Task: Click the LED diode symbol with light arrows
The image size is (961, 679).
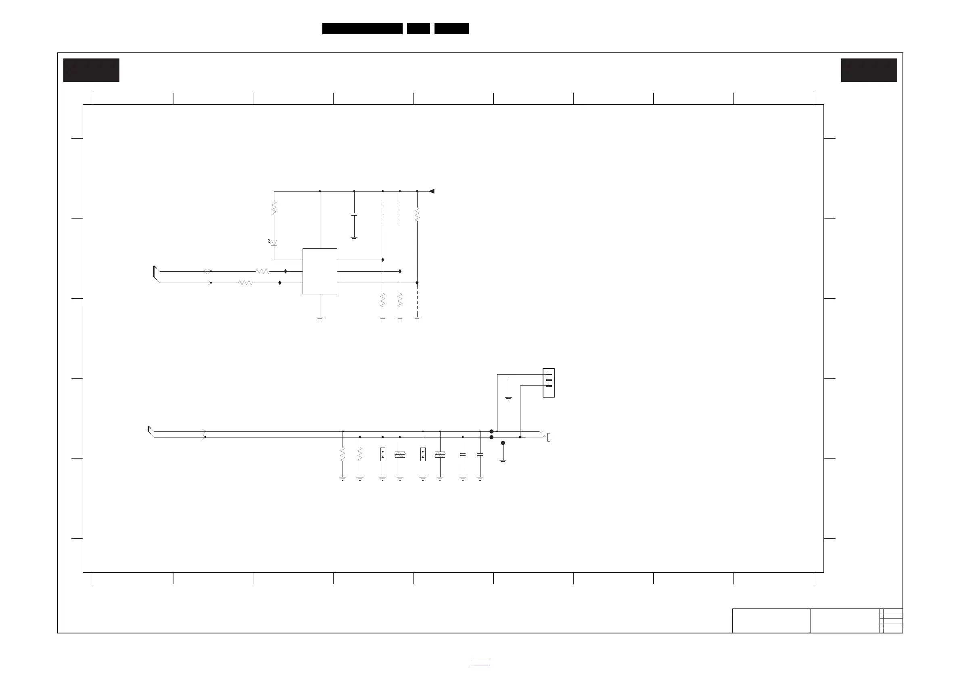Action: point(274,243)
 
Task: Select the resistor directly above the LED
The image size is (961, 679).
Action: point(274,209)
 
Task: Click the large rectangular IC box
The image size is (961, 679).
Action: point(320,271)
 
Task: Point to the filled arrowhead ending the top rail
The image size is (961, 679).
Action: point(432,191)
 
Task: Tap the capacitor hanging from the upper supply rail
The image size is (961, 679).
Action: point(354,214)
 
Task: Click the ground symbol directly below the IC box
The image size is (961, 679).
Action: point(320,319)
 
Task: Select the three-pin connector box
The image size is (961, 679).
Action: point(548,383)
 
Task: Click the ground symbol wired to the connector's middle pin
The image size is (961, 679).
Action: point(509,398)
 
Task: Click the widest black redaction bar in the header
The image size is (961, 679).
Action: point(362,29)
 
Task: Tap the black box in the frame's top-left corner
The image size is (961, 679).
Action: point(91,70)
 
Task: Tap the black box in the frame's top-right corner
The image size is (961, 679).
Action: point(869,70)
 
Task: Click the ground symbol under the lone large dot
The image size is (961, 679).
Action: point(503,461)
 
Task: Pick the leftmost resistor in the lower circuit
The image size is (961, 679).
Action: point(343,454)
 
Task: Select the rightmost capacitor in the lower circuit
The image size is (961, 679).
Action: point(480,454)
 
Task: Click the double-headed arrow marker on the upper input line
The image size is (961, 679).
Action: point(207,271)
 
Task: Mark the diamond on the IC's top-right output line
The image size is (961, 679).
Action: point(382,260)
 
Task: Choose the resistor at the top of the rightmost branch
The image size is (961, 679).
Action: point(417,214)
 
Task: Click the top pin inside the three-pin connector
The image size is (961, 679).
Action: point(549,375)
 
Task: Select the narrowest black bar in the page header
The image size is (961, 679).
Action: point(418,29)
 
